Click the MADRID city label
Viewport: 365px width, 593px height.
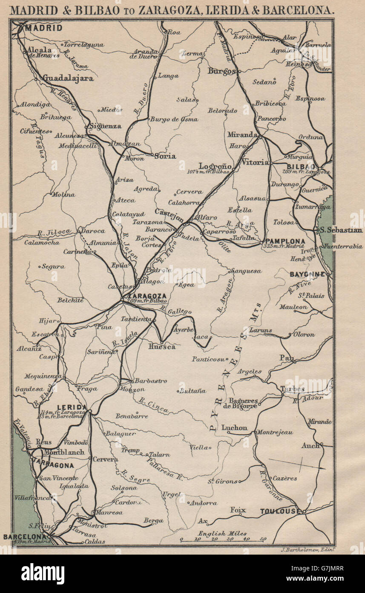[43, 28]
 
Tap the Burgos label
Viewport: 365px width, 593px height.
[221, 71]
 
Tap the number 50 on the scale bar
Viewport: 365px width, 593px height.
[262, 539]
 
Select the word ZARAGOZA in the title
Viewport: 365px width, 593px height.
[167, 10]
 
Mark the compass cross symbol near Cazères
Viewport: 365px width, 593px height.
[301, 464]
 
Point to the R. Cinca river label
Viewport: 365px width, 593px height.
[154, 405]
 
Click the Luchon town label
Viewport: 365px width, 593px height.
[234, 427]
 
